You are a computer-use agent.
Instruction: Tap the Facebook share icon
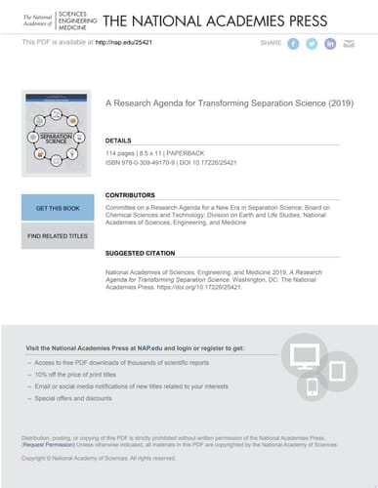pyautogui.click(x=293, y=44)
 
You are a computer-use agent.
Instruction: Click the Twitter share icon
pyautogui.click(x=312, y=44)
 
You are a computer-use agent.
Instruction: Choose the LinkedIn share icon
pyautogui.click(x=330, y=44)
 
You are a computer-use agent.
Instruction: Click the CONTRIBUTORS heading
pyautogui.click(x=131, y=195)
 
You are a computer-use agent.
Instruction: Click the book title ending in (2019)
pyautogui.click(x=229, y=102)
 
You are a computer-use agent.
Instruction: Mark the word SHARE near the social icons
pyautogui.click(x=271, y=44)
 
